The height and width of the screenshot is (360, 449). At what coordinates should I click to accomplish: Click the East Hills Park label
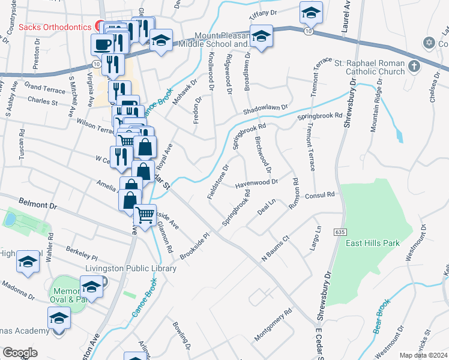click(x=372, y=244)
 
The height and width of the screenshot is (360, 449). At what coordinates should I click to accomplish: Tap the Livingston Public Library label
click(x=131, y=268)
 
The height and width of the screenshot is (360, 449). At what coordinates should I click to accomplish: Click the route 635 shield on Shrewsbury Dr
click(x=340, y=232)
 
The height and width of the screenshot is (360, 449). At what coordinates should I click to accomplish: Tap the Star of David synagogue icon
click(x=428, y=43)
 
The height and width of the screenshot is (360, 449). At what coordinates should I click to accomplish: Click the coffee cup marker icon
click(x=102, y=43)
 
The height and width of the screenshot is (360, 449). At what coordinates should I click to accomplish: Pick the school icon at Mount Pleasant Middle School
click(x=261, y=37)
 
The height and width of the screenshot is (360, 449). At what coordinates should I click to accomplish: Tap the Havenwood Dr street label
click(x=256, y=182)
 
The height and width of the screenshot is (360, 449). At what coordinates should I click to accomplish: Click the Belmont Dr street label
click(x=37, y=205)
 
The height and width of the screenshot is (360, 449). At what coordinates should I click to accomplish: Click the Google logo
click(x=20, y=353)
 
